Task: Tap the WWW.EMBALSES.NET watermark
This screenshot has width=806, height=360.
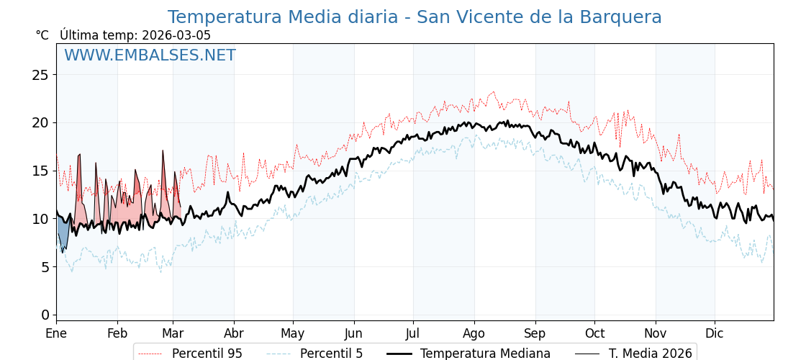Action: (150, 55)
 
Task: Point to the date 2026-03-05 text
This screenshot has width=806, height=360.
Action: (176, 35)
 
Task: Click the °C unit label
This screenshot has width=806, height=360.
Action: (42, 35)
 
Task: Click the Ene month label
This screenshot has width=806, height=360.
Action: (56, 333)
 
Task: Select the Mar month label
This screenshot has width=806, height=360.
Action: (173, 333)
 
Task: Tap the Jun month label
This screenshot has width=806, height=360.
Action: (354, 333)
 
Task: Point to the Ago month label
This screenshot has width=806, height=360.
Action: (474, 333)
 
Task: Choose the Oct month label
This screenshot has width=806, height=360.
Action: (594, 333)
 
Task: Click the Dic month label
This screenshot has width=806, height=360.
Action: (715, 333)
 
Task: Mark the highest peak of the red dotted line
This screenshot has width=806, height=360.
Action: (493, 91)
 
